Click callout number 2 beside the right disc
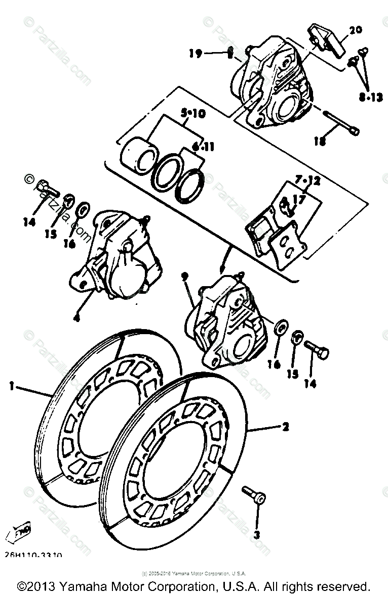(285, 427)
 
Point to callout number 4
(76, 318)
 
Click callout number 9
(185, 277)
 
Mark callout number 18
(320, 142)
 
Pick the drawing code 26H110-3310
(37, 555)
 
